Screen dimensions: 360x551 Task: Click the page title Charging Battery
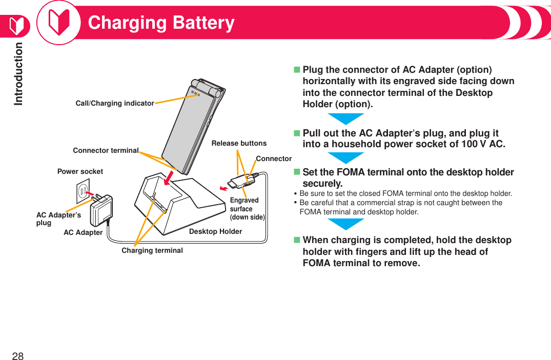click(161, 23)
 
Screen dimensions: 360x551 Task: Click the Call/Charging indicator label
click(114, 103)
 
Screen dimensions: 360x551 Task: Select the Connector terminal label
click(106, 150)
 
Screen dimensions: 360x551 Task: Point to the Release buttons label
click(239, 143)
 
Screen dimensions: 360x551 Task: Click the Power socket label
click(80, 171)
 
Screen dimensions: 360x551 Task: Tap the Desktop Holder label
click(215, 231)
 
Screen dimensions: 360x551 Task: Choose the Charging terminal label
click(152, 250)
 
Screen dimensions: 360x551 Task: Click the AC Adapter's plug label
click(57, 218)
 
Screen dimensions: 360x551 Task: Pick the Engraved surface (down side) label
click(247, 208)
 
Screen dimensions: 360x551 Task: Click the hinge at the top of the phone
click(208, 88)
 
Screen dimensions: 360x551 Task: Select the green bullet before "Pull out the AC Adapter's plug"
click(296, 133)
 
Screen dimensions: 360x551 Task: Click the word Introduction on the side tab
click(18, 73)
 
